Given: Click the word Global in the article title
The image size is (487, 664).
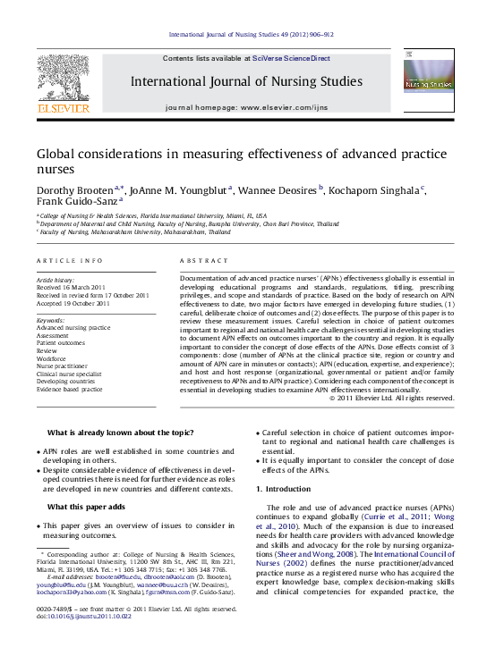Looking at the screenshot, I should click(61, 154).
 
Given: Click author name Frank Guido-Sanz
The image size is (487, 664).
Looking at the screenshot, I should click(75, 203).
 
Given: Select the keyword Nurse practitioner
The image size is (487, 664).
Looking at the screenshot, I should click(62, 366).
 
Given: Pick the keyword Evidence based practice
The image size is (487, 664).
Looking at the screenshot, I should click(70, 390).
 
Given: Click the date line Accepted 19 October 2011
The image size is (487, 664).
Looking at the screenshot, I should click(73, 304).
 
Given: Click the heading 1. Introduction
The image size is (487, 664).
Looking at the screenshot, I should click(286, 490).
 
